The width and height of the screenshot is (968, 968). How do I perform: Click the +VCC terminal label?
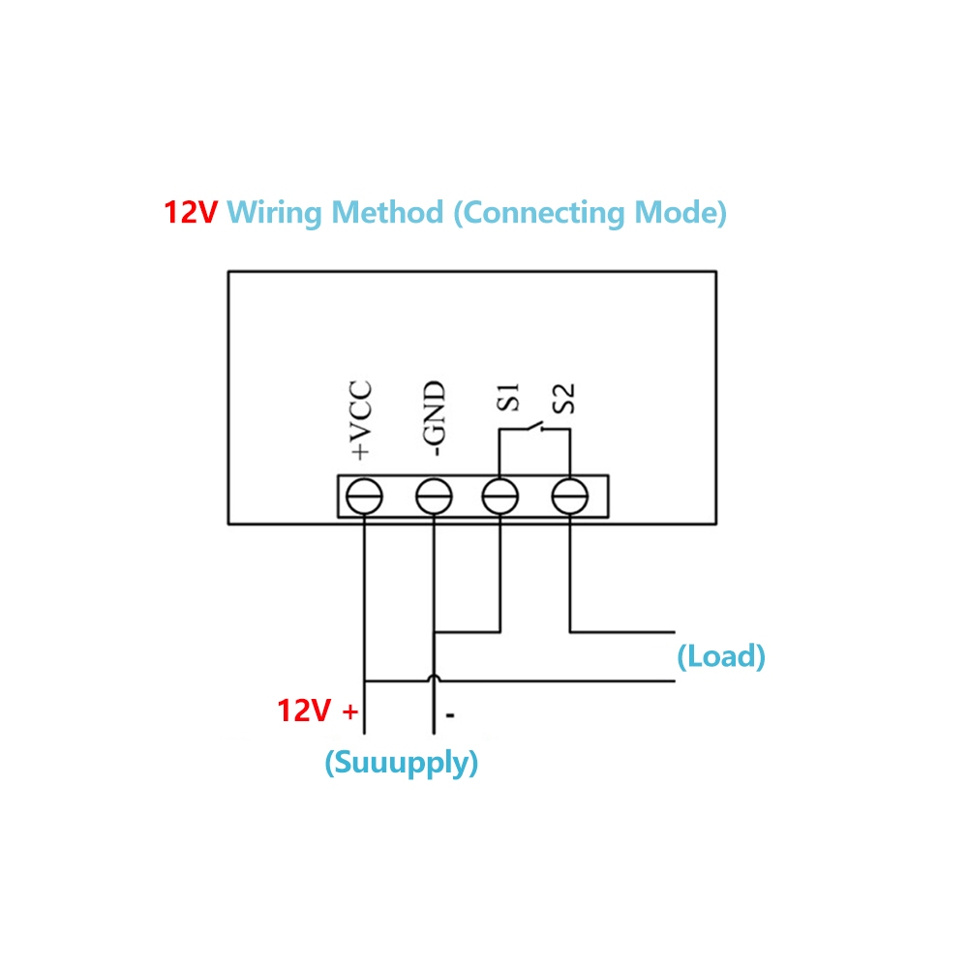tap(360, 420)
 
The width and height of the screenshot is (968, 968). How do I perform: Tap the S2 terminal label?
tap(565, 398)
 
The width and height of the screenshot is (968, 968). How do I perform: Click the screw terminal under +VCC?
tap(365, 498)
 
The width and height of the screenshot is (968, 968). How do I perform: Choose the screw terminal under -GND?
tap(433, 498)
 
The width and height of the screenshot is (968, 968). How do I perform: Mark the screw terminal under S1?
tap(500, 498)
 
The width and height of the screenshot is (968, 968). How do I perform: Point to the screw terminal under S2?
tap(569, 498)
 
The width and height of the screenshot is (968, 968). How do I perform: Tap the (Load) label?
tap(721, 657)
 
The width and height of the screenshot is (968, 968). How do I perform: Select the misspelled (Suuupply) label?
tap(402, 763)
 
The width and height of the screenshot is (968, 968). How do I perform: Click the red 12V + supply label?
tap(318, 711)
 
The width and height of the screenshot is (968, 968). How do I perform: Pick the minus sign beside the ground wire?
tap(451, 716)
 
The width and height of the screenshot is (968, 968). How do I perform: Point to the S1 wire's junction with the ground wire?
tap(434, 633)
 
